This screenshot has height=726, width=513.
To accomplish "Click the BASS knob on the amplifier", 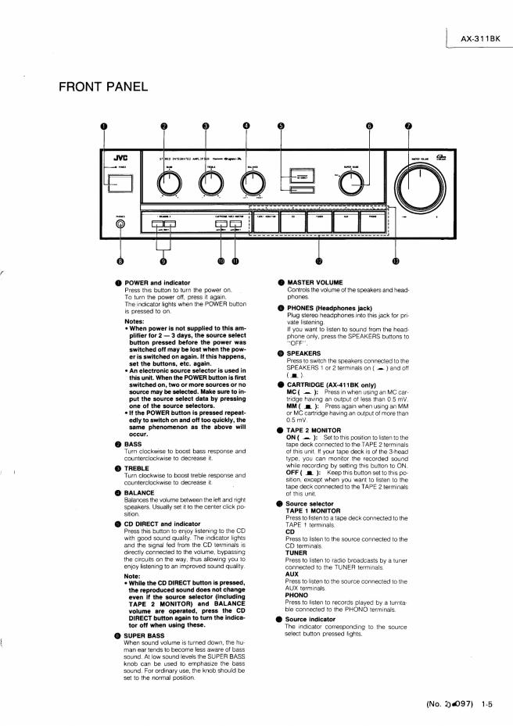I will point(166,183).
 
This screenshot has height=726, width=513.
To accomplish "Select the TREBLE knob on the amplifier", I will point(209,183).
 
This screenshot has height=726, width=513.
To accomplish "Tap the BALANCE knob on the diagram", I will point(252,183).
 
